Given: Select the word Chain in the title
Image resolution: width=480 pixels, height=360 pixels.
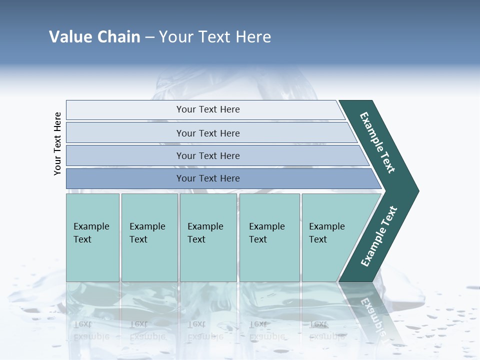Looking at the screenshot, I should click(x=119, y=37).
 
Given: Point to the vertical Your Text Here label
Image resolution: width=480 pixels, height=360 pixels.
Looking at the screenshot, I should click(x=57, y=143).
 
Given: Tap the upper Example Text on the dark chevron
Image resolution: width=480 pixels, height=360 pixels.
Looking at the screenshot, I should click(x=377, y=142).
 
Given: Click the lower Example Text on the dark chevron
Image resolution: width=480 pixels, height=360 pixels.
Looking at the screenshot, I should click(x=379, y=236).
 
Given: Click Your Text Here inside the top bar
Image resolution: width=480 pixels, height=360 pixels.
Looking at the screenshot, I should click(x=208, y=109).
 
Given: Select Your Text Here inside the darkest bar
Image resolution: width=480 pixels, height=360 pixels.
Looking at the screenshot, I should click(x=208, y=178).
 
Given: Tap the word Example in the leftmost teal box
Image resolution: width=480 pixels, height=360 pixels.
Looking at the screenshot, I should click(x=91, y=226).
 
